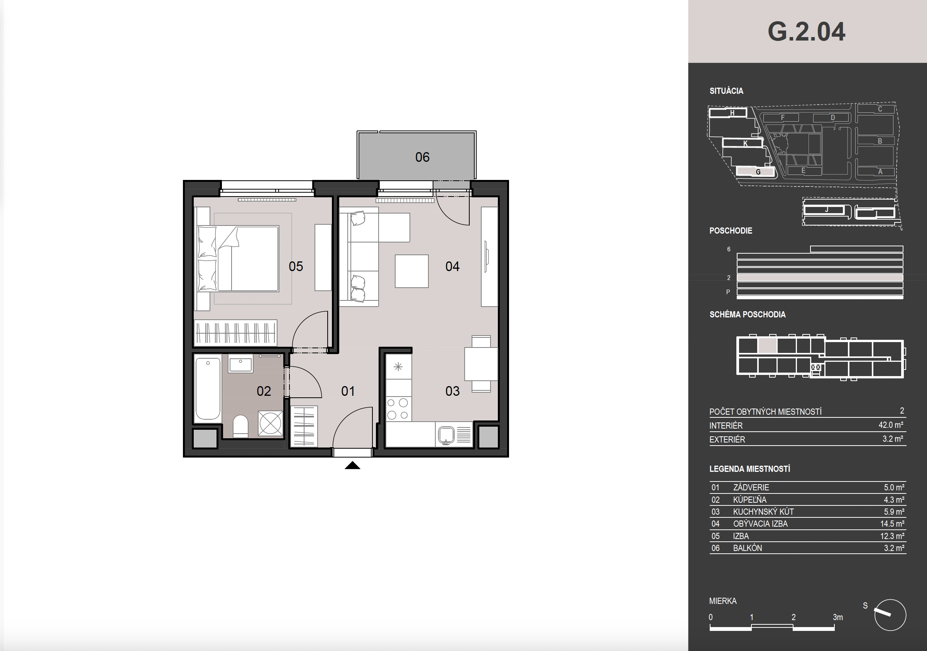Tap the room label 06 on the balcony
point(422,157)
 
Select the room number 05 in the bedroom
point(296,266)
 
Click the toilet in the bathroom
point(241,426)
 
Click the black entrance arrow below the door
point(352,465)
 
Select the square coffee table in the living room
point(411,271)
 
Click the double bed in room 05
point(238,258)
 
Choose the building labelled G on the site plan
point(755,172)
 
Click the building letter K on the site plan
point(745,143)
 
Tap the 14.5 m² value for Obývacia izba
point(892,524)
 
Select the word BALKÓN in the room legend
point(747,548)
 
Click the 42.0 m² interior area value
point(891,425)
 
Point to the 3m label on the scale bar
point(838,617)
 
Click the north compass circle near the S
point(890,615)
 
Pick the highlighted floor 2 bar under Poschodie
point(820,278)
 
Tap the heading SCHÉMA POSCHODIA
point(747,315)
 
